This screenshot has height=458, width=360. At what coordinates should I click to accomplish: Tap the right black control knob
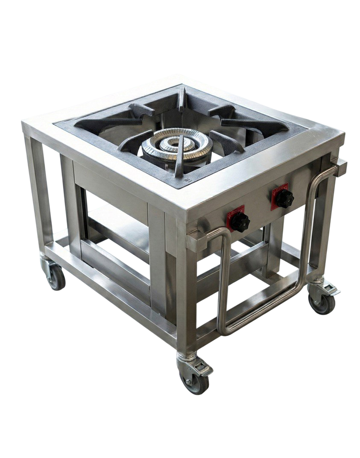(x=284, y=198)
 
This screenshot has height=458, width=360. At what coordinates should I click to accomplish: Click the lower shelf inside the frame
(x=115, y=218)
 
